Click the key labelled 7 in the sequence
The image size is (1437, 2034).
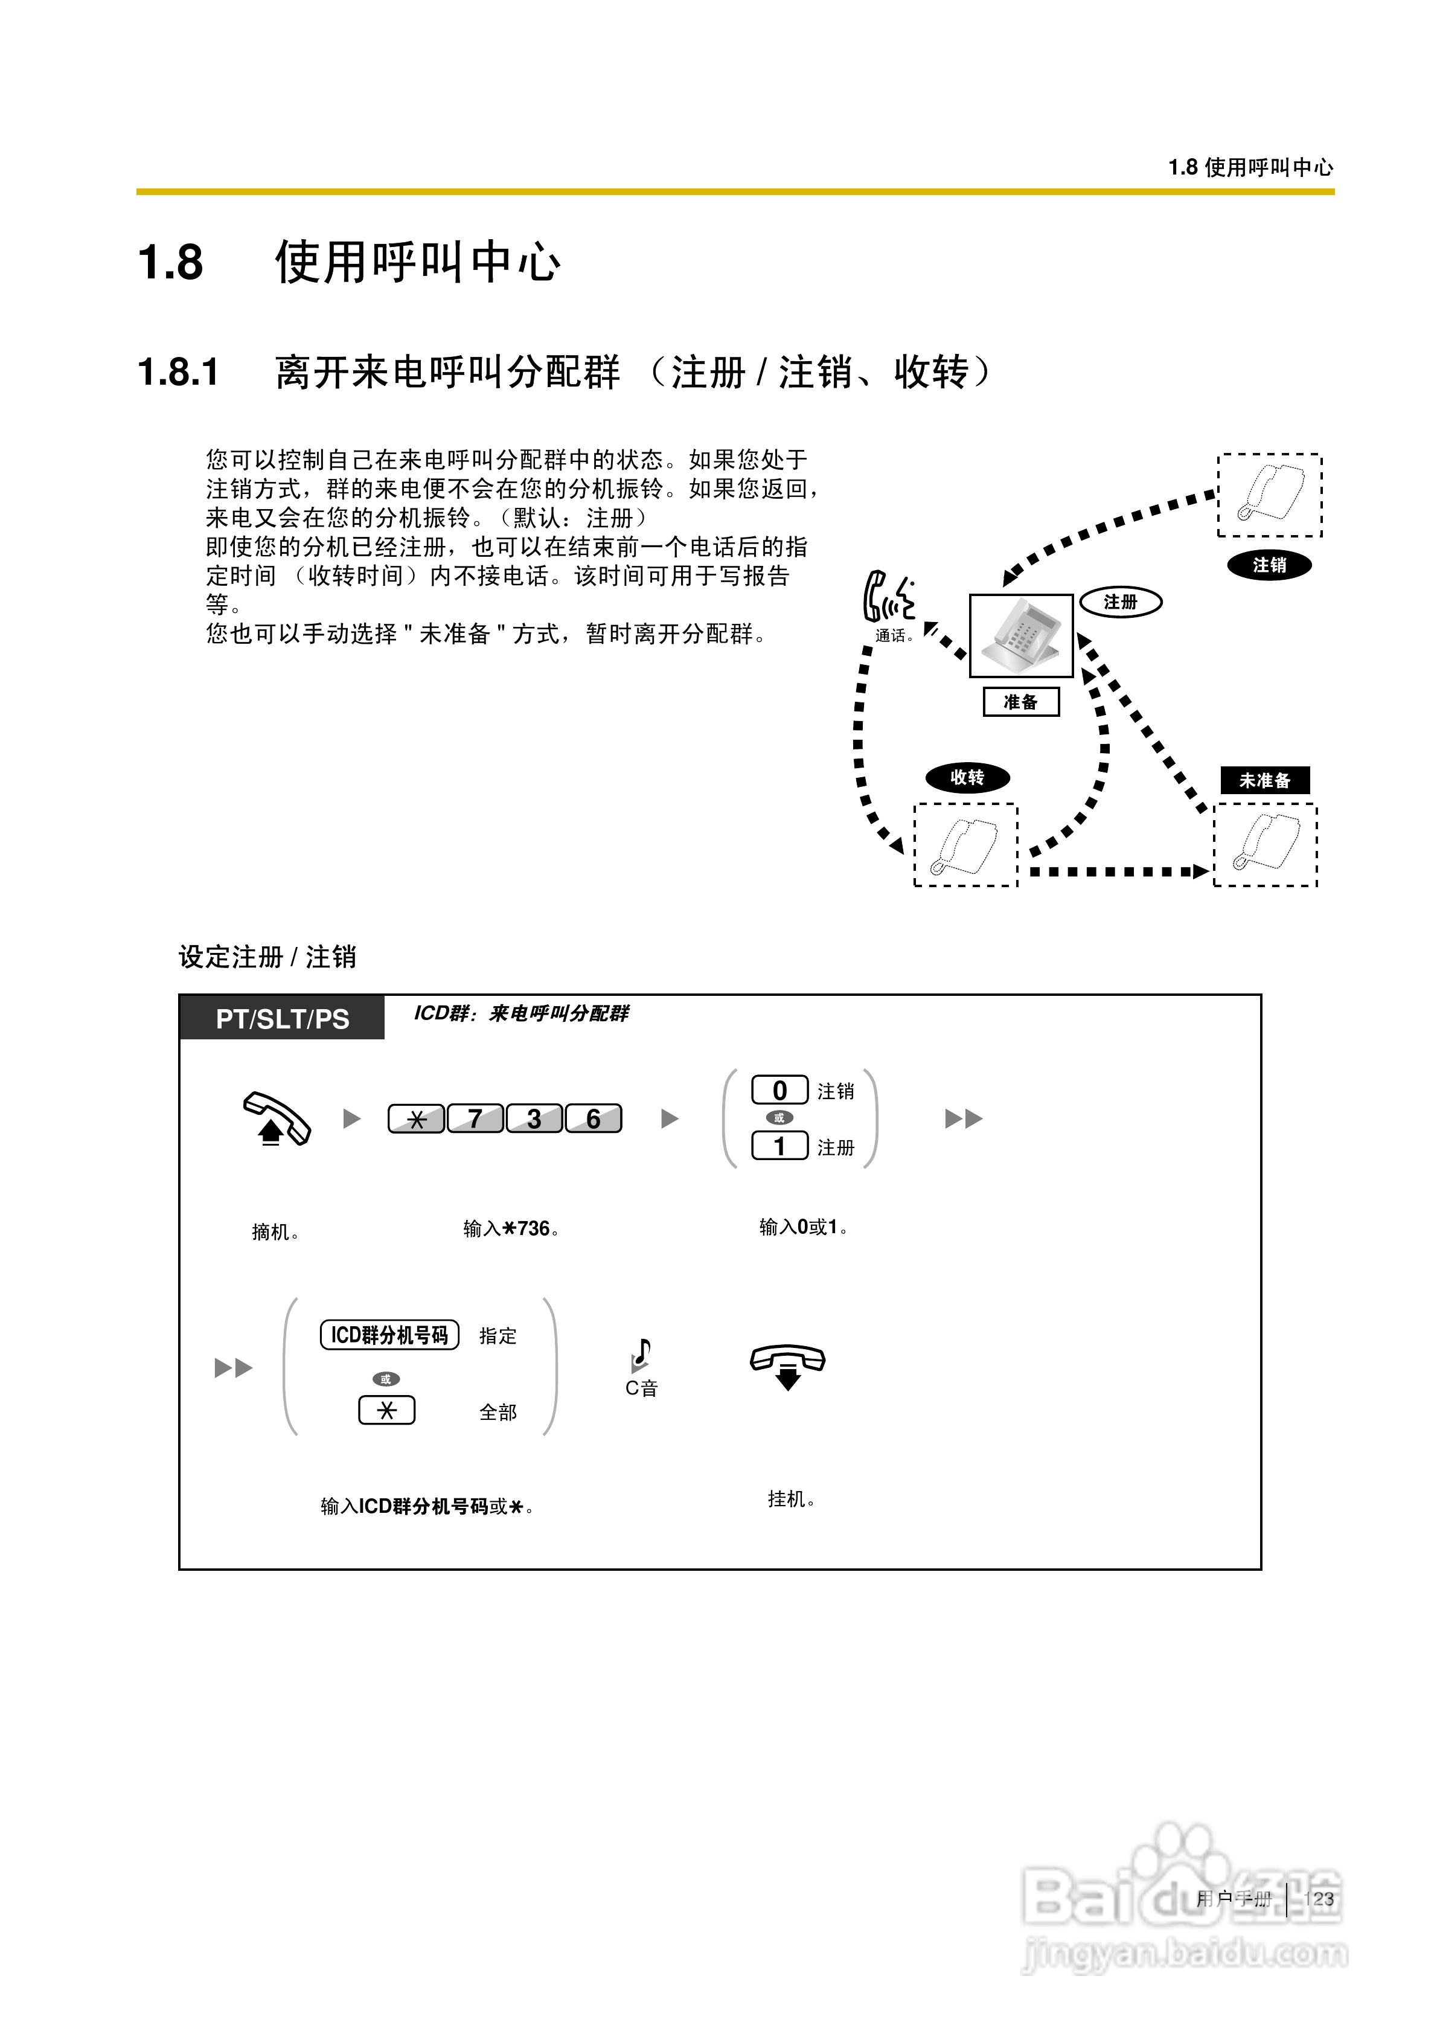coord(476,1119)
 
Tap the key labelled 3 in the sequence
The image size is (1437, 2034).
coord(534,1119)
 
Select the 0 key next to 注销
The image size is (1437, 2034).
coord(779,1091)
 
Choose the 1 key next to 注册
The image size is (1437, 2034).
coord(779,1146)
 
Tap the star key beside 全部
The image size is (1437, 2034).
coord(386,1410)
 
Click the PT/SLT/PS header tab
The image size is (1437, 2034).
coord(283,1019)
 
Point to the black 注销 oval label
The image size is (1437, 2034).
coord(1269,565)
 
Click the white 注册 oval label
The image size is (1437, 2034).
coord(1121,602)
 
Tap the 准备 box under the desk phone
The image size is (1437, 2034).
coord(1020,702)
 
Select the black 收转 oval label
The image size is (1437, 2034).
coord(967,778)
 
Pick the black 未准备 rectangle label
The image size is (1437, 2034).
coord(1264,780)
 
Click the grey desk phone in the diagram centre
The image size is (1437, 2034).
coord(1022,635)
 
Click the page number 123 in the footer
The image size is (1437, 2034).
coord(1318,1899)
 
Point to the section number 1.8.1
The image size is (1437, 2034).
coord(178,372)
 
